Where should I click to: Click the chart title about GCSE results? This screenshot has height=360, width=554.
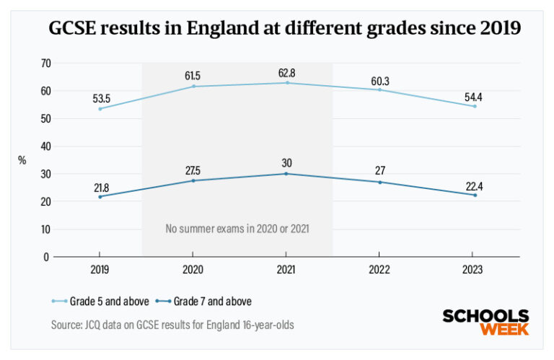(284, 29)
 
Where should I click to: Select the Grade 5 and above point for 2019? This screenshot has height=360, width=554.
(100, 109)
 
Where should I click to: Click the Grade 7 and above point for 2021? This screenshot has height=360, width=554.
(286, 174)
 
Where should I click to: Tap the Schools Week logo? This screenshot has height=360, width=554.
(485, 322)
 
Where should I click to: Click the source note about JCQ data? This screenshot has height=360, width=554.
(172, 325)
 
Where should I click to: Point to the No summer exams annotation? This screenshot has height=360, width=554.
(237, 229)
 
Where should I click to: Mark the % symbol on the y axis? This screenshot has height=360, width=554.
(22, 160)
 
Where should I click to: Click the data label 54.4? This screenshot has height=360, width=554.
(472, 95)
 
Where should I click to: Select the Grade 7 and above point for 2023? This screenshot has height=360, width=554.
(472, 195)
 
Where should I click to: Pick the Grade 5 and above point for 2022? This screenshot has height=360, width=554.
(379, 89)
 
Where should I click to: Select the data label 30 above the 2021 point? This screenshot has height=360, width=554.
(286, 162)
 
